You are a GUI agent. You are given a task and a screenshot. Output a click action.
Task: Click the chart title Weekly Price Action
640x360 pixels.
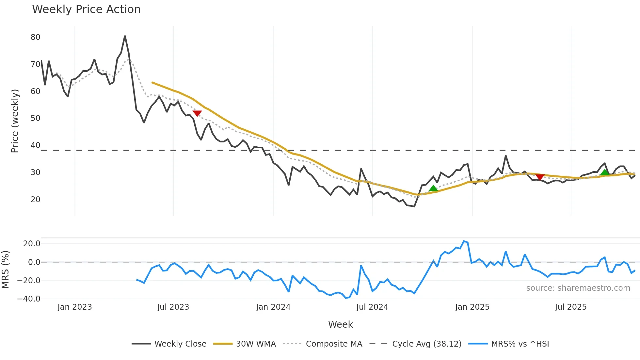point(86,9)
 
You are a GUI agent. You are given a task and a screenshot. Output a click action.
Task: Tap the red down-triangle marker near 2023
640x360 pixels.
point(197,113)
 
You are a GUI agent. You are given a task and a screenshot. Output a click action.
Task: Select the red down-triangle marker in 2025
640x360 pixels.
point(540,177)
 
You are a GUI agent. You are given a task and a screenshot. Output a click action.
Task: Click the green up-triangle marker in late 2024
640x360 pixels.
point(433,188)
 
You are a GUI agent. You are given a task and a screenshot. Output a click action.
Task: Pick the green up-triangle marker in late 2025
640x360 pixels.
point(605,172)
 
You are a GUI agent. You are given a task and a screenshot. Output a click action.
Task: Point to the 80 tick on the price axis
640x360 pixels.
point(36,37)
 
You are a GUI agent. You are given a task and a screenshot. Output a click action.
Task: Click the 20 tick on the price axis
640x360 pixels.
point(36,199)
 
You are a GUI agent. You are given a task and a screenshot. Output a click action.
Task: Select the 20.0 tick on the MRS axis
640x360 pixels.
point(32,243)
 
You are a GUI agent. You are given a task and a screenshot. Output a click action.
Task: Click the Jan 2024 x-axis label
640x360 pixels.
point(273,307)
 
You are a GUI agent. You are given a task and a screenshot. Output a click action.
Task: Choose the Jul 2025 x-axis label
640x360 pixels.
point(570,307)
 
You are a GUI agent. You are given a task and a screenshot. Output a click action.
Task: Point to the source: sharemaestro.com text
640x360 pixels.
point(578,288)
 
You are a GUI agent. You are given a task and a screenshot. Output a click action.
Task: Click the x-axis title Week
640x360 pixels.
point(340,324)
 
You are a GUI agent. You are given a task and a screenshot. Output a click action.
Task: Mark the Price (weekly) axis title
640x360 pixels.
point(15,121)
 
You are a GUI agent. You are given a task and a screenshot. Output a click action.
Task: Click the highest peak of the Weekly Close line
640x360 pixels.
point(125,36)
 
